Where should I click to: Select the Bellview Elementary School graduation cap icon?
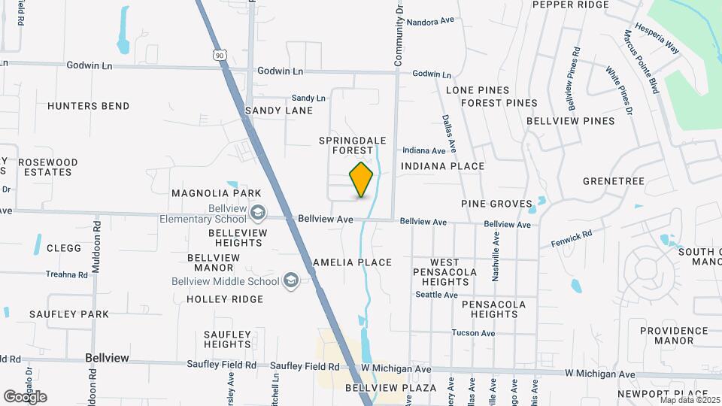[x=258, y=213]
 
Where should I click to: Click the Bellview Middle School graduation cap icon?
[x=290, y=281]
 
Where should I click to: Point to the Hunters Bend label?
[x=88, y=106]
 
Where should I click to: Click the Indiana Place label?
[x=443, y=165]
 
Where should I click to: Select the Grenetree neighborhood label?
[x=614, y=181]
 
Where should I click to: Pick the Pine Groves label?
[x=496, y=203]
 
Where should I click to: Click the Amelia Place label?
[x=352, y=262]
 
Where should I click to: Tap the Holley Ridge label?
[x=225, y=299]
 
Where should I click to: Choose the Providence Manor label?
[x=667, y=335]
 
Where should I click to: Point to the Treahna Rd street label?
[x=67, y=274]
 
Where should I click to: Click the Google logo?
[x=25, y=397]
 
